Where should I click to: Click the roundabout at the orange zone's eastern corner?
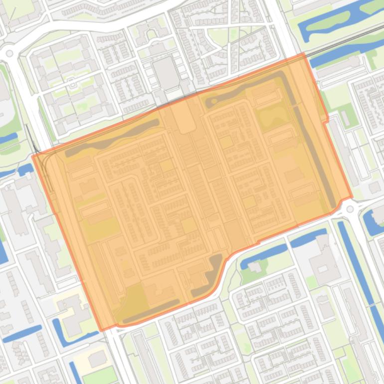[x=350, y=209]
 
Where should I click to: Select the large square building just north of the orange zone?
[x=166, y=73]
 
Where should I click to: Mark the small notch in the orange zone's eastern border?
[x=327, y=120]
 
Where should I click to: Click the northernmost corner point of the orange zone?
[x=303, y=53]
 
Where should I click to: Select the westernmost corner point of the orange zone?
[x=32, y=156]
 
